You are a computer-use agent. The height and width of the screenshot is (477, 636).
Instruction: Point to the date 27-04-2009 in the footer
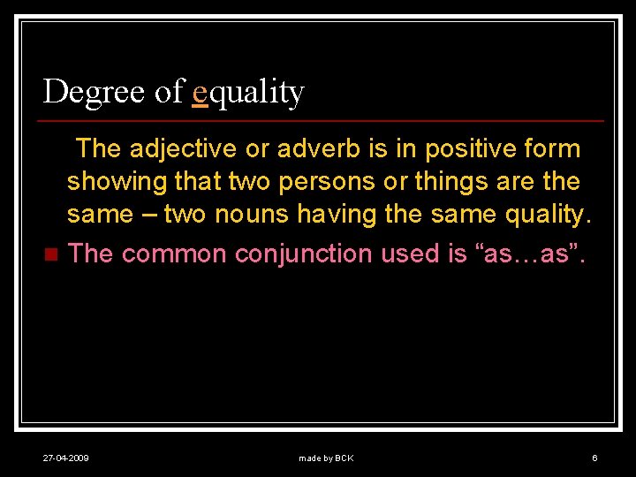coord(66,458)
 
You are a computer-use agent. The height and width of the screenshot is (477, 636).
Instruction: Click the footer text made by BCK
coord(326,458)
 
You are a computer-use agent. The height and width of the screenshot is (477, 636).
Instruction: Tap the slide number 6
coord(594,458)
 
